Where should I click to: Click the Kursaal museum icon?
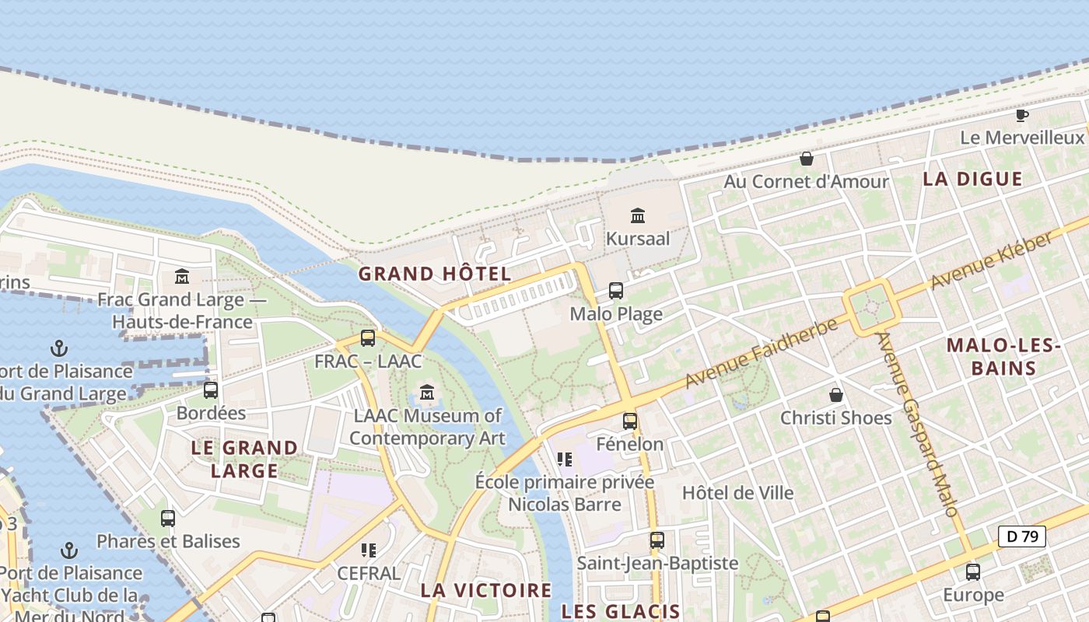[x=638, y=215]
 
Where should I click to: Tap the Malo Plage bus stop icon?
[x=616, y=291]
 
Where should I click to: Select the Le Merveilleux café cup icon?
[x=1022, y=116]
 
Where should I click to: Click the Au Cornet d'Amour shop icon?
[x=807, y=159]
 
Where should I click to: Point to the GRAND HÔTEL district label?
[x=435, y=274]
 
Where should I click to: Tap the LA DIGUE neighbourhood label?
[x=972, y=179]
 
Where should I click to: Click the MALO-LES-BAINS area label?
[x=1003, y=357]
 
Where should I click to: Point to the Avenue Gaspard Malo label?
[x=916, y=425]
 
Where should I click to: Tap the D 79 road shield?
[x=1021, y=536]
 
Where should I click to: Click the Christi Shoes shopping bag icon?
[x=836, y=395]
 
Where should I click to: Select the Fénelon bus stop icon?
[x=630, y=421]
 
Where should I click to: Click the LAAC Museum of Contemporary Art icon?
[x=427, y=393]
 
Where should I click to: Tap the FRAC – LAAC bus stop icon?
[x=368, y=338]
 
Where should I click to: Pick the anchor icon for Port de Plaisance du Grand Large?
[x=58, y=348]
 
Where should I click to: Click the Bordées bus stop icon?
[x=211, y=390]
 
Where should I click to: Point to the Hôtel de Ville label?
[x=737, y=493]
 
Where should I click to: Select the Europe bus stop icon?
[x=973, y=572]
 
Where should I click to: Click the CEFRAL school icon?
[x=369, y=550]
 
